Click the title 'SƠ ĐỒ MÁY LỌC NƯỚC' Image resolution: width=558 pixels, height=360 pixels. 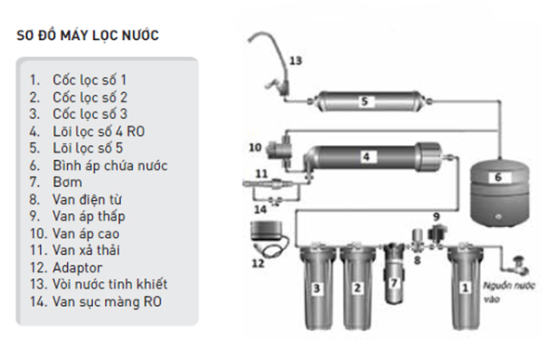(x=87, y=35)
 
